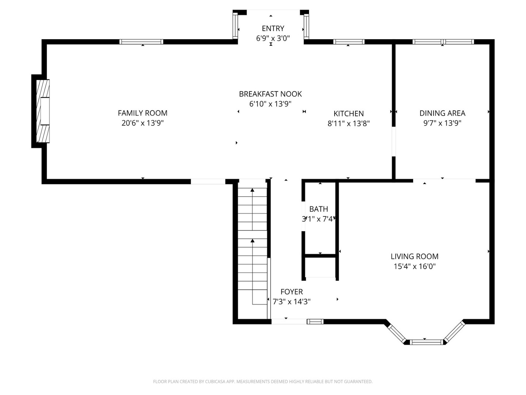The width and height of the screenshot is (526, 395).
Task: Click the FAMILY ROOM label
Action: click(142, 113)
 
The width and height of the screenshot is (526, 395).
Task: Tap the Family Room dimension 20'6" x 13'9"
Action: click(142, 123)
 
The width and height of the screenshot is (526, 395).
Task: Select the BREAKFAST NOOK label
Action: click(270, 94)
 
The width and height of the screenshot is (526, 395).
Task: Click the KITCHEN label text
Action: click(348, 113)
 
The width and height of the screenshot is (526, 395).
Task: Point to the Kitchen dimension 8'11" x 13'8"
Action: click(348, 124)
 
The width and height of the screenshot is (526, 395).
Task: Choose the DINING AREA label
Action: click(442, 113)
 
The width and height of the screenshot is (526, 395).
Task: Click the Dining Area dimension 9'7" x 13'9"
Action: click(442, 123)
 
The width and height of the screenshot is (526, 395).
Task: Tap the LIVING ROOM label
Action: click(414, 256)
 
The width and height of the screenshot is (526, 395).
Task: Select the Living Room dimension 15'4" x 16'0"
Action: click(414, 266)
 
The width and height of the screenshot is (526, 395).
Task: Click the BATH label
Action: click(319, 209)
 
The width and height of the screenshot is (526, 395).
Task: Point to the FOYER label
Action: click(291, 291)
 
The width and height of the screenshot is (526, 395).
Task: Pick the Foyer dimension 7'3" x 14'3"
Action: click(291, 301)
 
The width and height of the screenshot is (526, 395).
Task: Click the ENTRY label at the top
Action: click(273, 28)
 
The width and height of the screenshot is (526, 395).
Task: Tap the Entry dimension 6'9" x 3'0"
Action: click(273, 38)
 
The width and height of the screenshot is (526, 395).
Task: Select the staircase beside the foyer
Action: click(252, 249)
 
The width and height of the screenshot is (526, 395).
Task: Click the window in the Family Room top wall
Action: click(141, 42)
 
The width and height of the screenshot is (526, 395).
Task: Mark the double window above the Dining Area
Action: click(443, 42)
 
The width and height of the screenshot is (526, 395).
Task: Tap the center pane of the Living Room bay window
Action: click(426, 342)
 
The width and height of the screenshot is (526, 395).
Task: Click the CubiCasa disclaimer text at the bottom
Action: click(263, 381)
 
